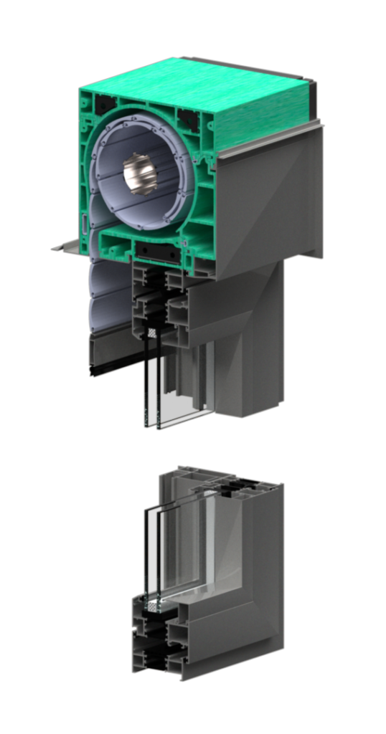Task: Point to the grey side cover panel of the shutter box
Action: pos(269,201)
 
